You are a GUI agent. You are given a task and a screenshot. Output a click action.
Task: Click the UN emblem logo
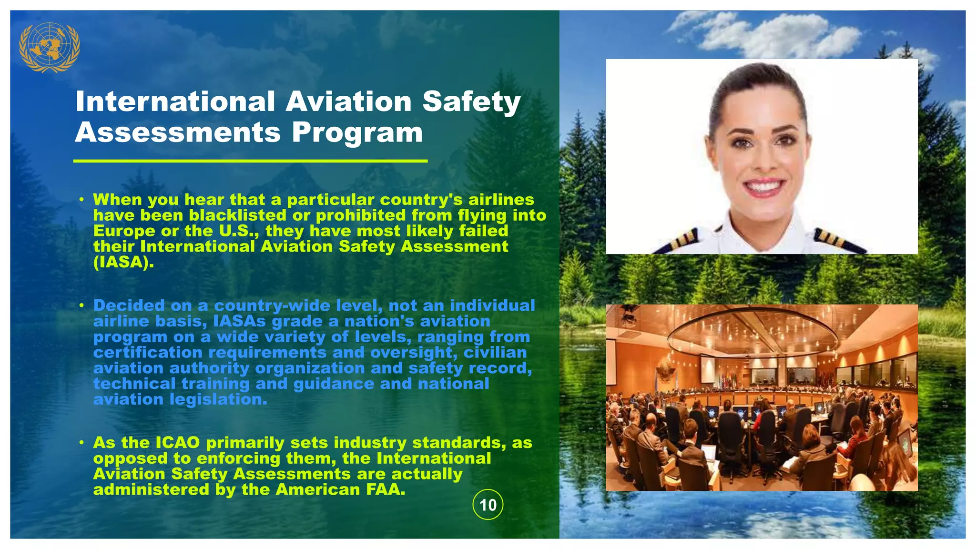pos(49,47)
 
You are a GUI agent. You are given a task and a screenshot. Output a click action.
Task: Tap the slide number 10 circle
pos(488,505)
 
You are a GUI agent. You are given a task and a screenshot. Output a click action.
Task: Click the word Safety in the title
pos(471,102)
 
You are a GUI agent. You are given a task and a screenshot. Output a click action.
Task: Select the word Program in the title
pos(357,132)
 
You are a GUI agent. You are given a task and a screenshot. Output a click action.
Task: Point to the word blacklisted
pos(237,215)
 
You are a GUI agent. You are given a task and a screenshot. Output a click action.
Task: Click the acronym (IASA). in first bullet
pos(123,262)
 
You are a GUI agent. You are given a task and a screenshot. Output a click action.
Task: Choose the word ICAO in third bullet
pos(178,443)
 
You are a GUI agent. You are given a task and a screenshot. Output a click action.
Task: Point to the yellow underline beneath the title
pos(250,161)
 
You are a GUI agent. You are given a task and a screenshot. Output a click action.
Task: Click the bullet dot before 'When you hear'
pos(82,199)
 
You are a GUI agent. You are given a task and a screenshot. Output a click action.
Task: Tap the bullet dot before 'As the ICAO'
pos(82,443)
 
